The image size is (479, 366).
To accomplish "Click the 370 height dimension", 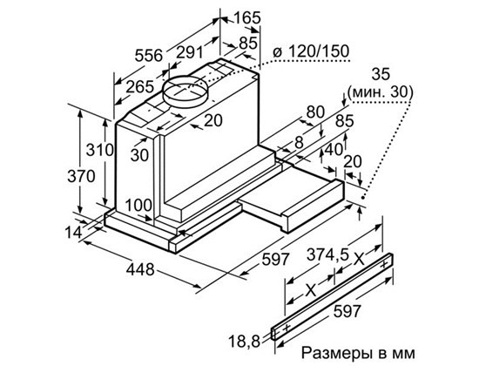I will [80, 176].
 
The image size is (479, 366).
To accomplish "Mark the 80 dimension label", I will [314, 112].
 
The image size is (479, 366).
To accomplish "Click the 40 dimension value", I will [332, 148].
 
